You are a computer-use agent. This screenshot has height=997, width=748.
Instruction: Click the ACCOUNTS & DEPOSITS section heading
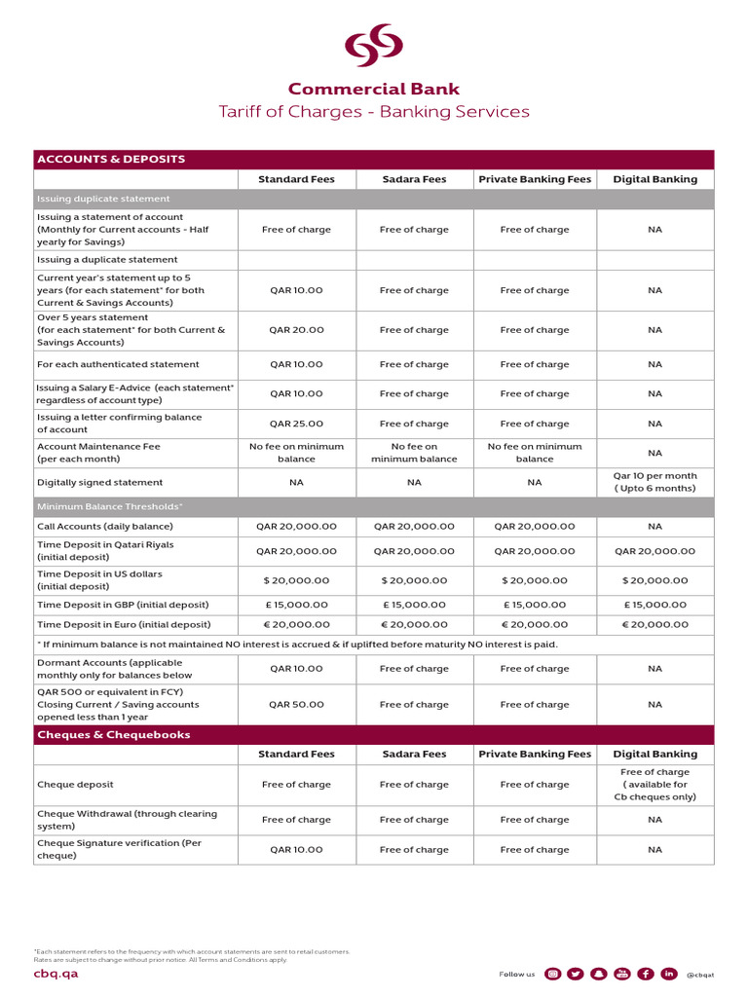pyautogui.click(x=110, y=159)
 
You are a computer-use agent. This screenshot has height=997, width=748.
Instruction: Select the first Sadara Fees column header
pyautogui.click(x=414, y=179)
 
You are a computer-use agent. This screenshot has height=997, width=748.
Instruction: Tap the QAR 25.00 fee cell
pyautogui.click(x=296, y=424)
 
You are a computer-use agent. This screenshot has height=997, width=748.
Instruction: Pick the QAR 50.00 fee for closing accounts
pyautogui.click(x=296, y=704)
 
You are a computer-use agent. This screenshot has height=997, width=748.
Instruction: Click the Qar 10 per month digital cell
pyautogui.click(x=654, y=482)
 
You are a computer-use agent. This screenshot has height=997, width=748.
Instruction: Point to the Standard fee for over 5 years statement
pyautogui.click(x=296, y=330)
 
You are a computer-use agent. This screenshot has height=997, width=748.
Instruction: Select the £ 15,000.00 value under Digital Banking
pyautogui.click(x=654, y=605)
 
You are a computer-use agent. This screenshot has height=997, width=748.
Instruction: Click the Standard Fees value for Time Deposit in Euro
pyautogui.click(x=296, y=624)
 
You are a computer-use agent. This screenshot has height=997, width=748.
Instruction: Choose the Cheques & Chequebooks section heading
pyautogui.click(x=113, y=734)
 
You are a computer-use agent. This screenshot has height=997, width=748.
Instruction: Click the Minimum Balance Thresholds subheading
pyautogui.click(x=109, y=506)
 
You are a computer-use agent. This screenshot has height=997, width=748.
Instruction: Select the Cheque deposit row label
pyautogui.click(x=75, y=784)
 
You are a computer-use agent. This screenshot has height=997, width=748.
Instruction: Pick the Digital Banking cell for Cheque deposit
pyautogui.click(x=654, y=784)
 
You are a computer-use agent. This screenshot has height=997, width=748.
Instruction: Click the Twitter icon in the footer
pyautogui.click(x=576, y=974)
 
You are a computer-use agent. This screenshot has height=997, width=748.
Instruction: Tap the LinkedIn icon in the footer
pyautogui.click(x=668, y=974)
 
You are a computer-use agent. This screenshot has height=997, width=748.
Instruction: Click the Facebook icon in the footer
pyautogui.click(x=645, y=974)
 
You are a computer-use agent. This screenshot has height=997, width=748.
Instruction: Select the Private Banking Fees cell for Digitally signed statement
pyautogui.click(x=534, y=482)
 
